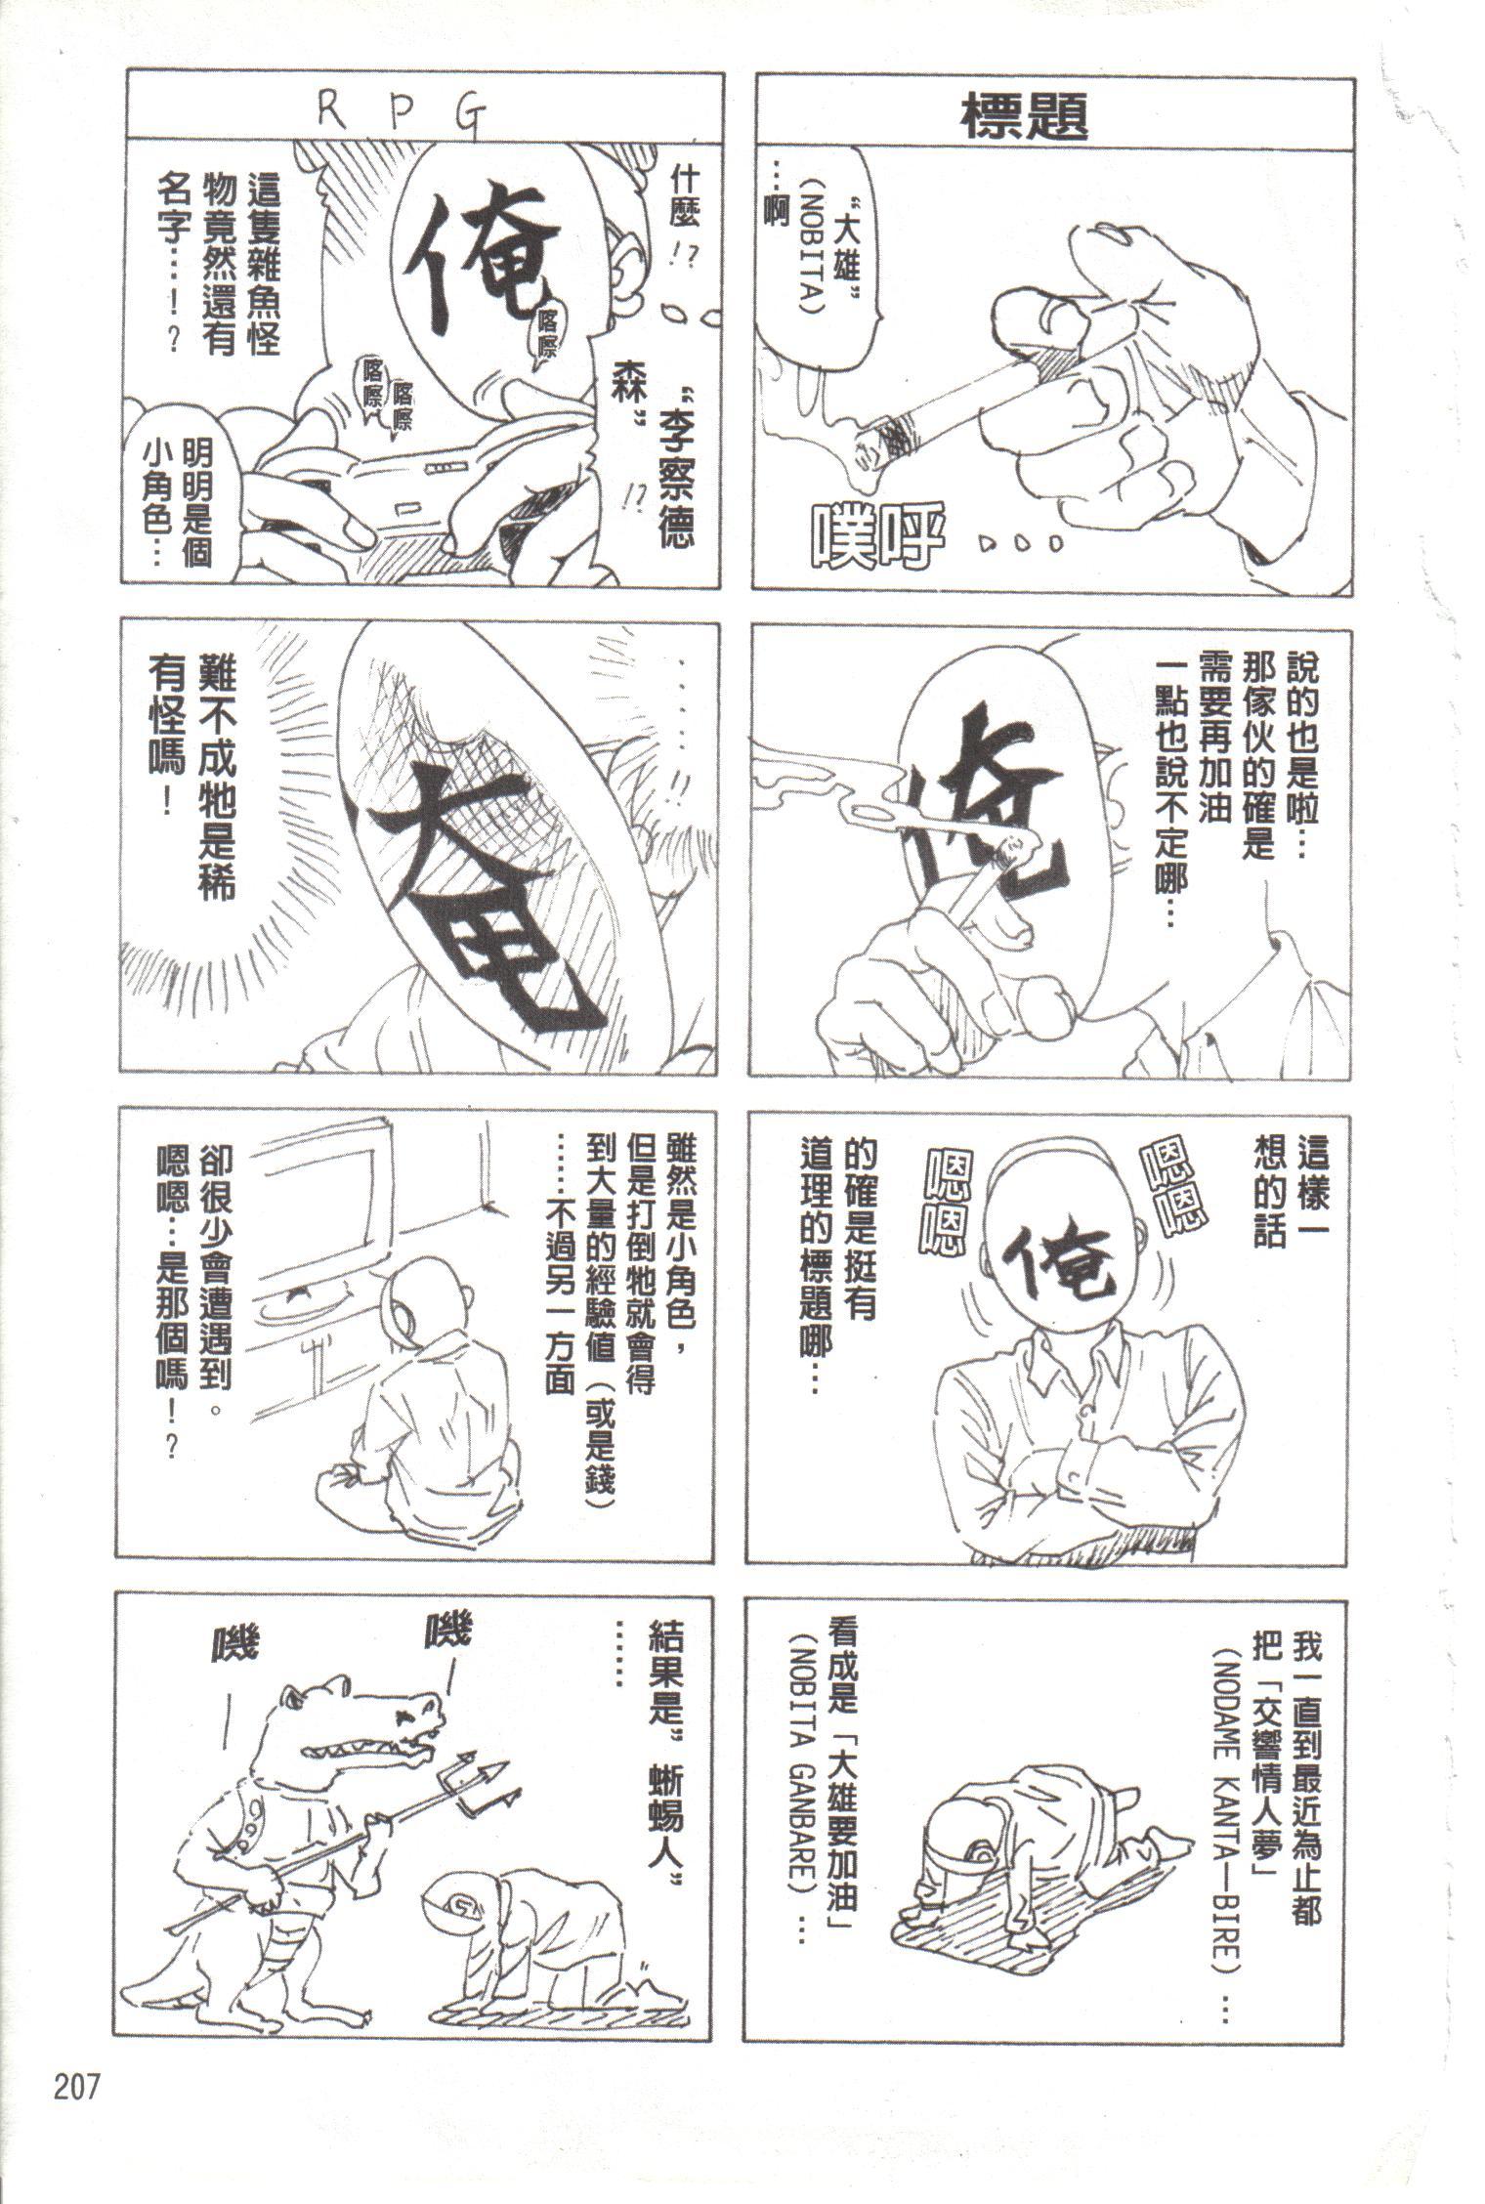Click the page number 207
tap(74, 2089)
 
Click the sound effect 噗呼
tap(874, 533)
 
